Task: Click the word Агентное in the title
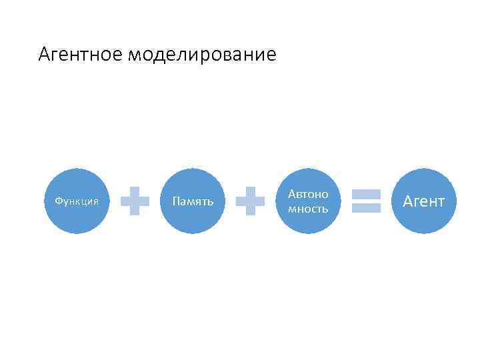(80, 54)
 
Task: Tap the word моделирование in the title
(202, 54)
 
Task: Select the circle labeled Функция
(77, 201)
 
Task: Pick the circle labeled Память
(193, 201)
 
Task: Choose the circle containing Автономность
(308, 201)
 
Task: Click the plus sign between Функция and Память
(135, 201)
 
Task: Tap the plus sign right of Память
(251, 201)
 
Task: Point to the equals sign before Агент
(366, 201)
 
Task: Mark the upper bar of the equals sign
(366, 194)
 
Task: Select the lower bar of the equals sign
(366, 208)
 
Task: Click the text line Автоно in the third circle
(308, 194)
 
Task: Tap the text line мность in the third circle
(308, 209)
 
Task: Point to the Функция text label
(77, 201)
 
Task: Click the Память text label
(193, 201)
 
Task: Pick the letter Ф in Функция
(58, 201)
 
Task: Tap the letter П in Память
(175, 201)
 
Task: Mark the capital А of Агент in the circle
(408, 201)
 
